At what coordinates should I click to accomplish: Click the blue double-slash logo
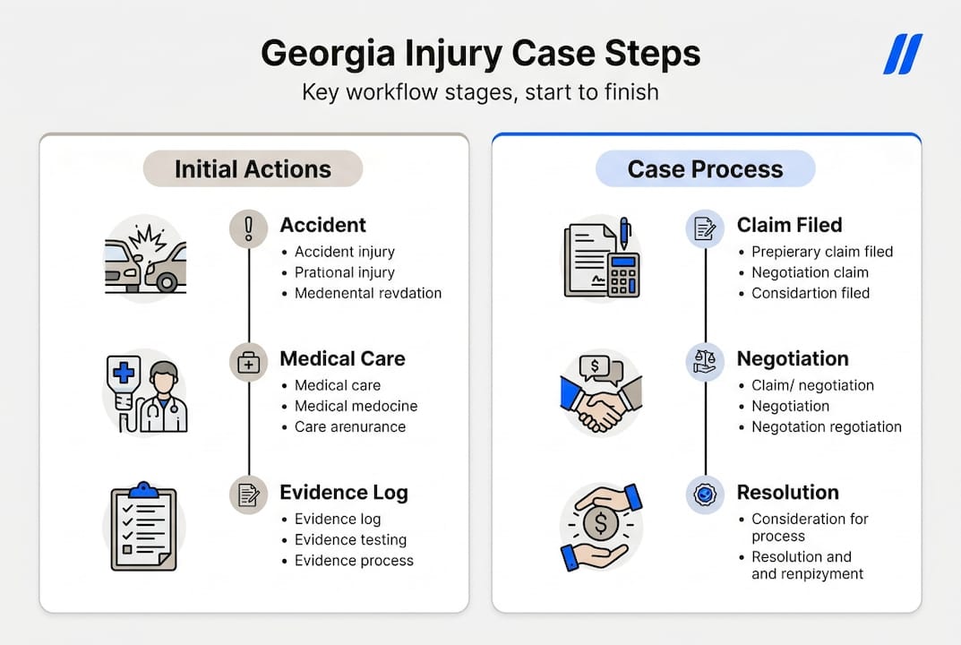point(903,55)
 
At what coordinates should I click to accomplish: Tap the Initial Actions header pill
point(253,169)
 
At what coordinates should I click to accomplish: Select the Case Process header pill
point(705,169)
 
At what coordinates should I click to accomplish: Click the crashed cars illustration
point(145,258)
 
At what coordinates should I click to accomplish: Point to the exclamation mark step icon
point(248,228)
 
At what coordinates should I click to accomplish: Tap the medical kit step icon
point(248,362)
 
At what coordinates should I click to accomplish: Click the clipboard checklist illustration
point(143,526)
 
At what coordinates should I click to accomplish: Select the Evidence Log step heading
point(343,493)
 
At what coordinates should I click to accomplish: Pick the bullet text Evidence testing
point(350,540)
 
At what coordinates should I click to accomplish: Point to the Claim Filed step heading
point(789,226)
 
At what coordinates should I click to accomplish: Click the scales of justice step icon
point(705,362)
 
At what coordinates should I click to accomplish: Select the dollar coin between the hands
point(601,522)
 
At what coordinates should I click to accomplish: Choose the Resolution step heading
point(787,493)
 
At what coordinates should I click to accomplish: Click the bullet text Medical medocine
point(356,406)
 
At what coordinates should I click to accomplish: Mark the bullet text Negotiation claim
point(810,272)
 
